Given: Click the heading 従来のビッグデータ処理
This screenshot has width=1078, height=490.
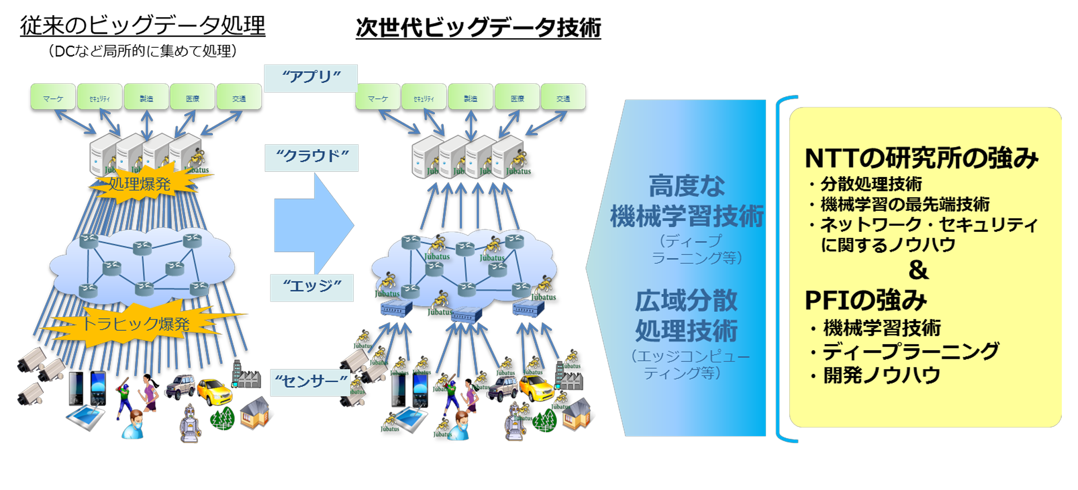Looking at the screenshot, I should (142, 25).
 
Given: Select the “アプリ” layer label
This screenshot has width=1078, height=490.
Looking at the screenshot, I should (311, 78).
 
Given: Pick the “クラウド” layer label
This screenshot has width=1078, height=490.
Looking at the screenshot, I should (311, 157).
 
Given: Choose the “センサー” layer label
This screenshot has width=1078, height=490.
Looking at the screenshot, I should (311, 382).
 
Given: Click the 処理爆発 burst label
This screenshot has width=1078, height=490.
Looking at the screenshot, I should (140, 183).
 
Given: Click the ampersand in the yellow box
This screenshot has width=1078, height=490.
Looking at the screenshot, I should (918, 270).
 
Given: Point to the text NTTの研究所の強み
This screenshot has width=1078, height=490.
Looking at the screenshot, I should (921, 159).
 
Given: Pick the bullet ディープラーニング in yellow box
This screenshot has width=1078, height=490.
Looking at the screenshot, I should (910, 351).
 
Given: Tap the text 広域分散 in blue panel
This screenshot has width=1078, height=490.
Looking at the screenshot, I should (686, 300).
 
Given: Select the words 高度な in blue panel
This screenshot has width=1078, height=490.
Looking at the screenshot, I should (686, 186).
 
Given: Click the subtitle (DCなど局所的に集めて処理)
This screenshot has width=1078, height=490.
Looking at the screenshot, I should (142, 51).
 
